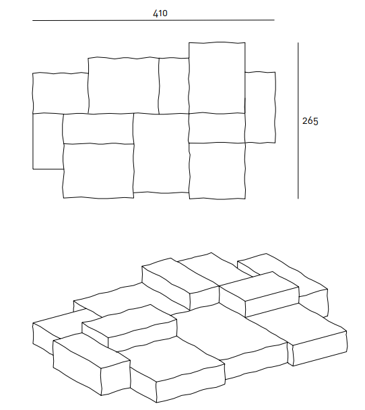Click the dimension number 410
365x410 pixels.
click(160, 13)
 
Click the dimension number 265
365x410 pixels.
click(310, 121)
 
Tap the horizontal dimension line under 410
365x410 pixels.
click(154, 20)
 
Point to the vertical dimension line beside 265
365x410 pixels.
click(298, 121)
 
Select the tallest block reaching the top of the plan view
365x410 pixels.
click(217, 77)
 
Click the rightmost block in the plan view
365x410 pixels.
click(260, 107)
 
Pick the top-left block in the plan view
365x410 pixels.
click(61, 93)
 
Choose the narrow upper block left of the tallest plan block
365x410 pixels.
click(174, 86)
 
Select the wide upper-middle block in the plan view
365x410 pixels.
click(123, 86)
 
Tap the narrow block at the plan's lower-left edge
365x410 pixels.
click(48, 141)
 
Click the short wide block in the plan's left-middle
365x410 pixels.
click(98, 129)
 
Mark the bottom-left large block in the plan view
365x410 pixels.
click(98, 170)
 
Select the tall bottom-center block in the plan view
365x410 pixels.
click(161, 153)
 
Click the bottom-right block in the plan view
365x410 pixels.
click(217, 171)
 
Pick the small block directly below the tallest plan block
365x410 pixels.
click(217, 128)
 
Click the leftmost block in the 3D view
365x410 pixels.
click(57, 332)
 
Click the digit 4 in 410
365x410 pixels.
click(155, 13)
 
